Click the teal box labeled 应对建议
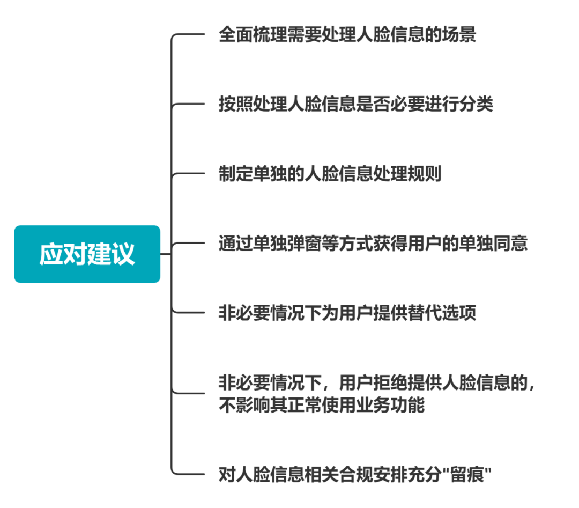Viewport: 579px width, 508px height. coord(87,254)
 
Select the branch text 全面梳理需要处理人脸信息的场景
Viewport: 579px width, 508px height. coord(347,35)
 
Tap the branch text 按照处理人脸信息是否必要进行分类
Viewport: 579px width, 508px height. coord(355,104)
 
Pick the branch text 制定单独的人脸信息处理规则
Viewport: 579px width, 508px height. coord(330,174)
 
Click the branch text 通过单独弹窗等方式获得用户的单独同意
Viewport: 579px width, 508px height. coord(373,244)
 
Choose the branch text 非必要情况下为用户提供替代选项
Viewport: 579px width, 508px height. coord(347,313)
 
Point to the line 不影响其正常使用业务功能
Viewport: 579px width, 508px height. coord(321,405)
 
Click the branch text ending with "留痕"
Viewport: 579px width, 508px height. coord(355,475)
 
